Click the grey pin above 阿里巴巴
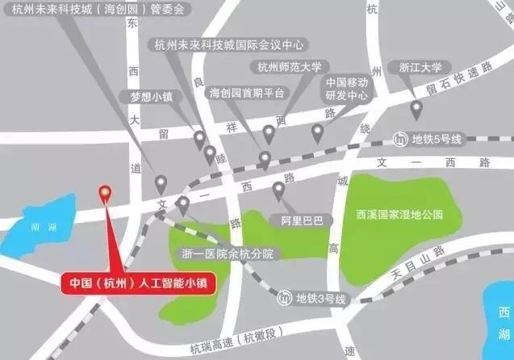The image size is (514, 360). tap(279, 190)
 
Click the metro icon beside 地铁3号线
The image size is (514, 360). tap(283, 299)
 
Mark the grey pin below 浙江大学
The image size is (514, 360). tap(416, 108)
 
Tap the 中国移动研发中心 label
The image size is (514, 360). tap(347, 89)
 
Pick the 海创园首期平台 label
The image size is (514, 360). tap(246, 93)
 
